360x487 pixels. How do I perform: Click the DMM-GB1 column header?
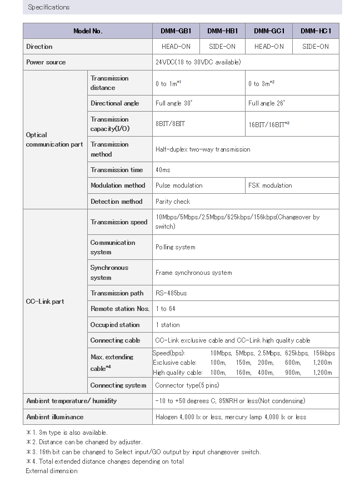(x=176, y=31)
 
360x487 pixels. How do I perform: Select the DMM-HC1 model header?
(x=316, y=31)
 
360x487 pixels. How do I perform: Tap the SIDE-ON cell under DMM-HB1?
(x=222, y=47)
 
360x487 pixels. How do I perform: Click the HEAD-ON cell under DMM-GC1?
(x=269, y=47)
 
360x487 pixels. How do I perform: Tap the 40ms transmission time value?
(x=163, y=170)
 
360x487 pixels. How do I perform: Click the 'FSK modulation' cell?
(x=270, y=185)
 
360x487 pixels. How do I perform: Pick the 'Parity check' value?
(x=173, y=202)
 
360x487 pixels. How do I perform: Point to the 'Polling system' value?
(x=176, y=247)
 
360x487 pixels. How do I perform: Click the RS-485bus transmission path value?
(x=172, y=293)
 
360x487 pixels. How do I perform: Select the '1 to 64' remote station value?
(x=166, y=309)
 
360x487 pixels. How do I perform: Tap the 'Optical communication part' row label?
(x=54, y=139)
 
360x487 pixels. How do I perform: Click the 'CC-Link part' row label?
(x=45, y=302)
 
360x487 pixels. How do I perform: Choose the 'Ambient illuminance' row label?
(x=55, y=417)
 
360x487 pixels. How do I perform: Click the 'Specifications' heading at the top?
(x=49, y=7)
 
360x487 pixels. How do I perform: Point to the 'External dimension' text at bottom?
(x=52, y=471)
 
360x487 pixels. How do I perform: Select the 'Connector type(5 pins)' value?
(x=187, y=385)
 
